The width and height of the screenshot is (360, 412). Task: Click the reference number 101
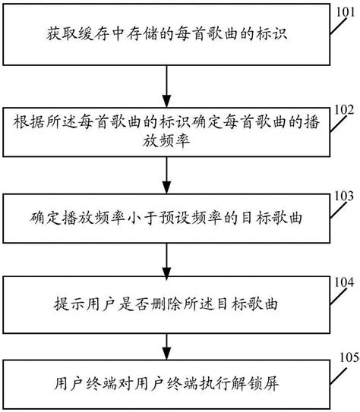pyautogui.click(x=346, y=12)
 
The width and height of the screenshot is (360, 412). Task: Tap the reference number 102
pyautogui.click(x=344, y=110)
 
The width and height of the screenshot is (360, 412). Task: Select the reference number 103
pyautogui.click(x=344, y=197)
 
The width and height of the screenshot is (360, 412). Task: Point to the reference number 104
pyautogui.click(x=344, y=283)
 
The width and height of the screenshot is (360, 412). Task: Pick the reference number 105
pyautogui.click(x=349, y=357)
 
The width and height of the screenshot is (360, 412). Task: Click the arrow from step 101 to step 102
pyautogui.click(x=167, y=86)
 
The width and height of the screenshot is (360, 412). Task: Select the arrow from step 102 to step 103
pyautogui.click(x=167, y=175)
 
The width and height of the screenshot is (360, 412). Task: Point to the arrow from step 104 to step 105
pyautogui.click(x=167, y=347)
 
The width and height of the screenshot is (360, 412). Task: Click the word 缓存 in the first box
pyautogui.click(x=93, y=34)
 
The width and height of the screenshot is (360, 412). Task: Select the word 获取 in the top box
pyautogui.click(x=62, y=34)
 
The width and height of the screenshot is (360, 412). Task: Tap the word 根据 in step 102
pyautogui.click(x=29, y=121)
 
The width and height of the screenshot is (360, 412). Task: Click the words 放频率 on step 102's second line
pyautogui.click(x=166, y=141)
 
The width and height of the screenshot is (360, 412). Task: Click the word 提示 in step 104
pyautogui.click(x=69, y=304)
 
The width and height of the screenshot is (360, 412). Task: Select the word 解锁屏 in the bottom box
pyautogui.click(x=255, y=384)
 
